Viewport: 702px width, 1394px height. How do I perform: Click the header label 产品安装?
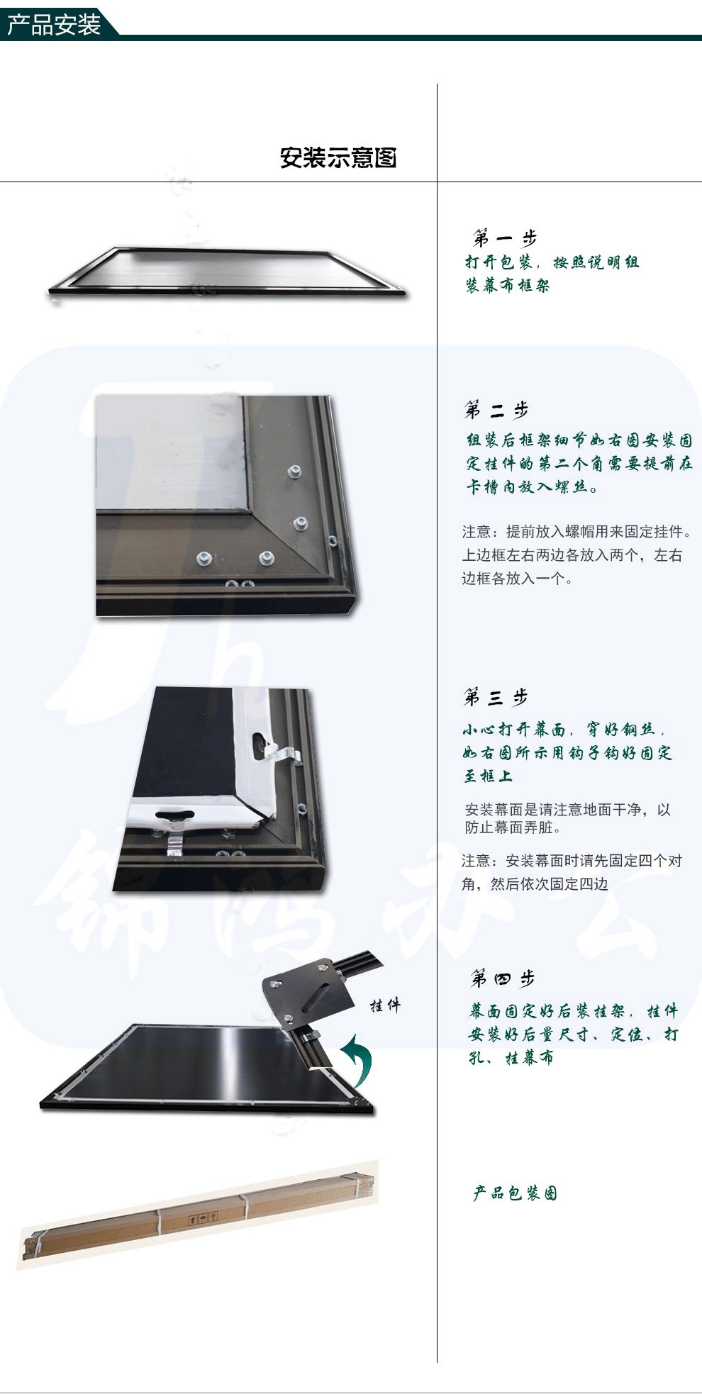(x=54, y=26)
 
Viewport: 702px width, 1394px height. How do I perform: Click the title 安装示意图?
(x=338, y=157)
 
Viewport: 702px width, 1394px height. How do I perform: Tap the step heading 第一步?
(x=505, y=238)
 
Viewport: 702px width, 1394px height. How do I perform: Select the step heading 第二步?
(x=496, y=410)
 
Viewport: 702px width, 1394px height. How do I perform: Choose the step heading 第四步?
(x=503, y=979)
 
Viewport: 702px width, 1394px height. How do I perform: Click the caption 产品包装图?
(x=516, y=1193)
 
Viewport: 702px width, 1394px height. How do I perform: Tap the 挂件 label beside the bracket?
(x=385, y=1005)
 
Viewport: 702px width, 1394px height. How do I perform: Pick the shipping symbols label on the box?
(x=202, y=1217)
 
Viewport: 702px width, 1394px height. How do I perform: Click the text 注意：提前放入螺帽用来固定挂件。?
(x=576, y=532)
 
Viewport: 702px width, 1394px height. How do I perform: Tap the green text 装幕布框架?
(x=508, y=286)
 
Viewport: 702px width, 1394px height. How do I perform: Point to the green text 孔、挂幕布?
(x=511, y=1057)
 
